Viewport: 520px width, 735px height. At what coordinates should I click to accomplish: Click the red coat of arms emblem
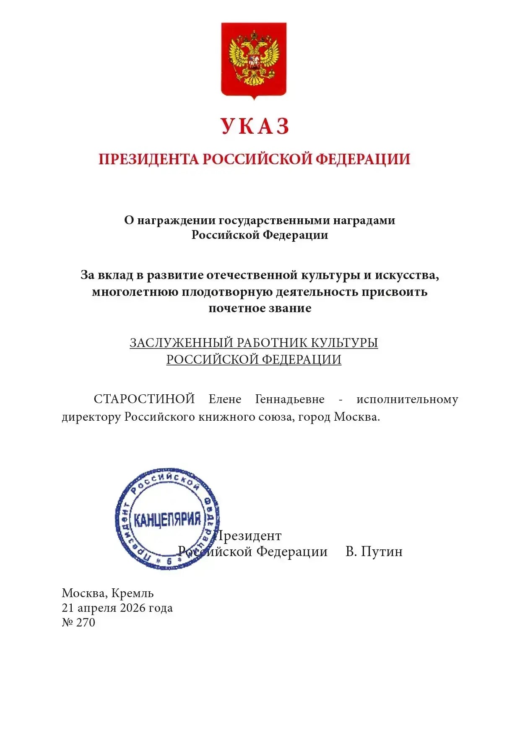(x=254, y=60)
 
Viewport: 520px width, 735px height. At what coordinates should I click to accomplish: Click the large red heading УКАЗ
(x=255, y=126)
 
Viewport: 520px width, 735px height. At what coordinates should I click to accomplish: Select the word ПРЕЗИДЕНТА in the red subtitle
(x=148, y=159)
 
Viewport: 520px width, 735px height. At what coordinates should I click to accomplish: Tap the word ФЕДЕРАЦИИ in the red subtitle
(x=362, y=159)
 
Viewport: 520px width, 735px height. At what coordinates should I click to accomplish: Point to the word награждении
(x=177, y=220)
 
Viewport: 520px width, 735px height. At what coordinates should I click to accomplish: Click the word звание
(x=290, y=308)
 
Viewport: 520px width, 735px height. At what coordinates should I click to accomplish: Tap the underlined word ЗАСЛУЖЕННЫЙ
(x=181, y=343)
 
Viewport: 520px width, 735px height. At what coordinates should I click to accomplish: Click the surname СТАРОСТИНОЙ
(x=144, y=399)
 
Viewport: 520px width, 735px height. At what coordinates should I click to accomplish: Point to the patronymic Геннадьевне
(x=289, y=399)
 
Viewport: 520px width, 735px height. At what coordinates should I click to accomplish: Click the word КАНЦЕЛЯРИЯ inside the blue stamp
(x=167, y=520)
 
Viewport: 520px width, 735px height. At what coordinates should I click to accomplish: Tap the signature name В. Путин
(x=374, y=551)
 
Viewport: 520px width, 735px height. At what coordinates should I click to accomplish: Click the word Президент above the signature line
(x=248, y=536)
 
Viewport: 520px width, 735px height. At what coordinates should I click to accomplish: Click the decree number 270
(x=86, y=623)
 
